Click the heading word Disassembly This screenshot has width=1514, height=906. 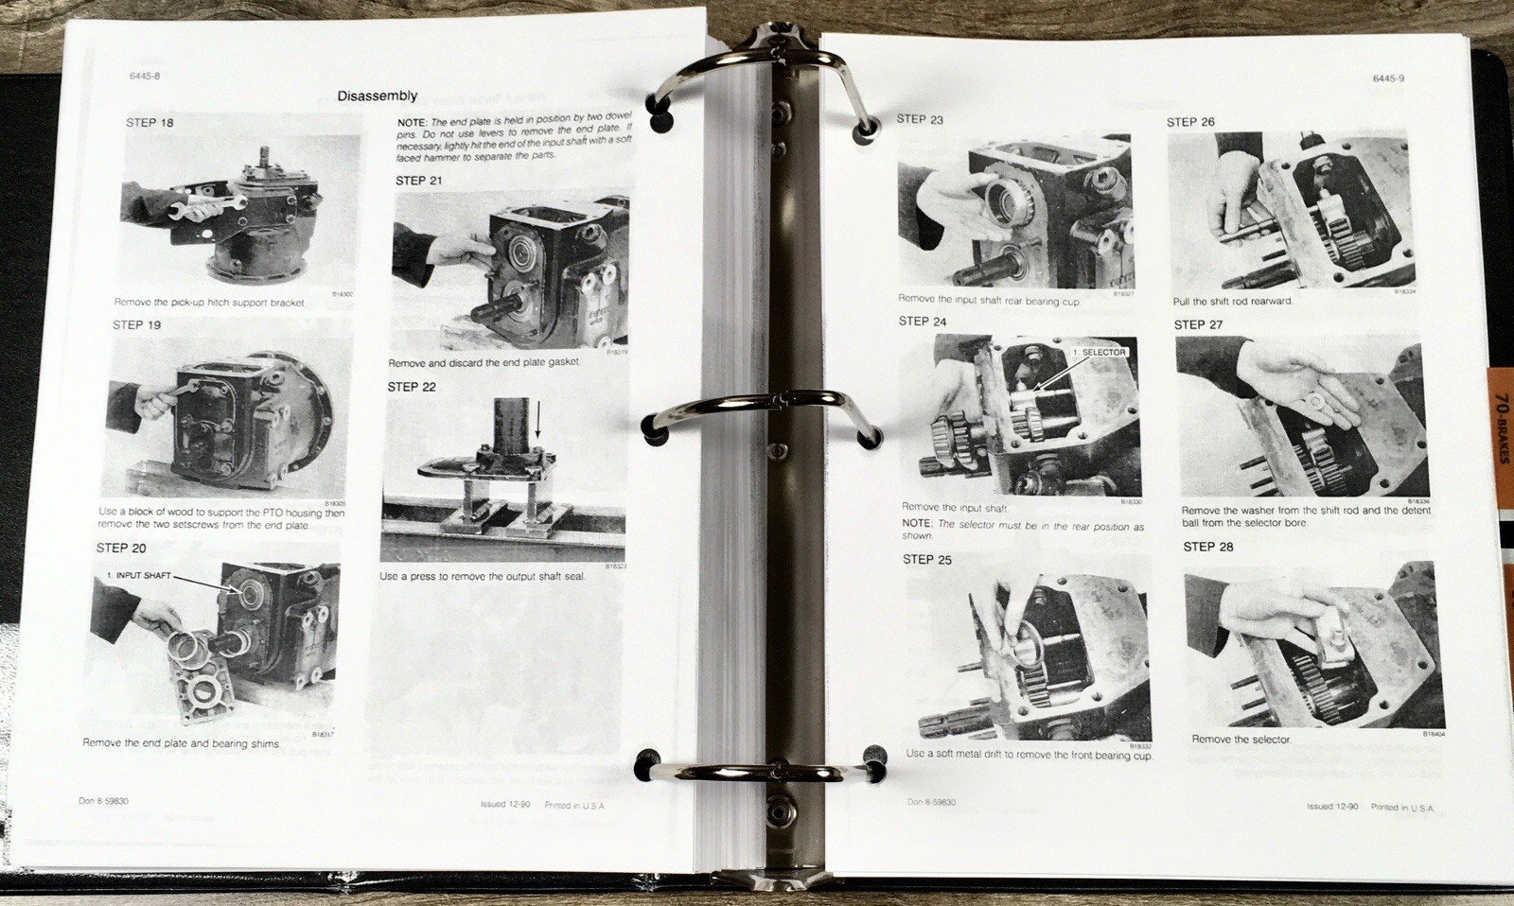(377, 96)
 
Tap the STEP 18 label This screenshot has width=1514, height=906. (150, 123)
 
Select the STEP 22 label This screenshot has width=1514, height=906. (412, 387)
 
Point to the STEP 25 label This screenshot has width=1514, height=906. (926, 560)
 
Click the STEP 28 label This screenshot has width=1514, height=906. (1207, 547)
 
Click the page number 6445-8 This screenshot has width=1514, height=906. (145, 76)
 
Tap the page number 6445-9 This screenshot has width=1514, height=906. (1388, 78)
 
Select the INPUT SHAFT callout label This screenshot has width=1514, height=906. (139, 575)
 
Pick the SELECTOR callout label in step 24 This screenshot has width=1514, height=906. (1099, 353)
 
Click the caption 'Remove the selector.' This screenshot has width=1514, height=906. (1241, 740)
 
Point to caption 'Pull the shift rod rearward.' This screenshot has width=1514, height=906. (1232, 302)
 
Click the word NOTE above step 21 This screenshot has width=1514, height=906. (411, 123)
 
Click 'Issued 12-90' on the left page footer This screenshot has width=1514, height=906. (504, 805)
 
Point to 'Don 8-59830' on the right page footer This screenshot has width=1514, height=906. (930, 802)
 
